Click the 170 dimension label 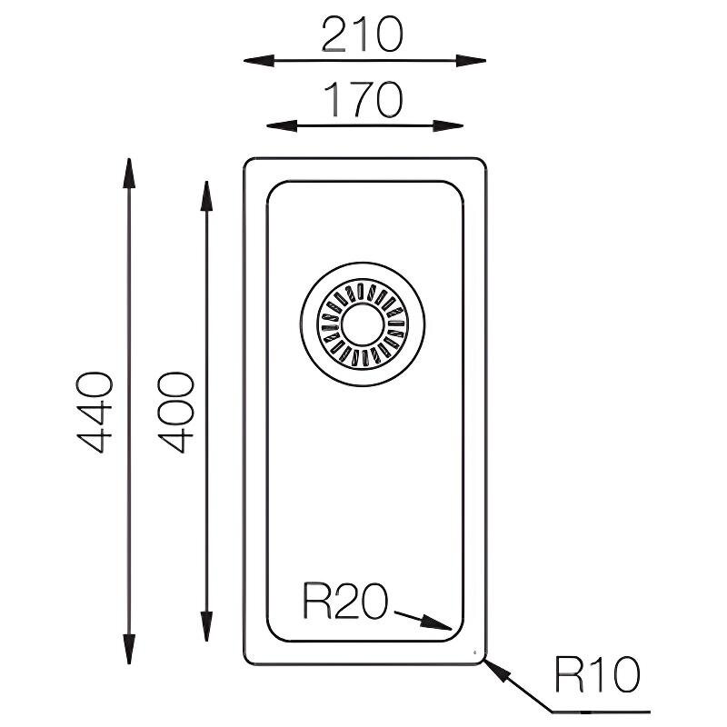click(x=362, y=100)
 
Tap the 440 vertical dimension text click(x=95, y=411)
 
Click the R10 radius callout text click(x=596, y=675)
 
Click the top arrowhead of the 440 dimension click(x=129, y=172)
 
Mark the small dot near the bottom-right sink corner click(x=473, y=652)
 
